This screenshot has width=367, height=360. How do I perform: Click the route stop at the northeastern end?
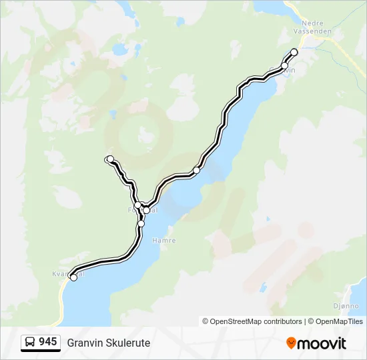coord(294,52)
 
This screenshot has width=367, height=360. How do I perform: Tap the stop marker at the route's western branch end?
coord(110,159)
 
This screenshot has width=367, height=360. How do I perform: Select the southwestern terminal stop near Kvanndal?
coord(73,277)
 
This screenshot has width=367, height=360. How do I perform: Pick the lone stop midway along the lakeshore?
coord(196,170)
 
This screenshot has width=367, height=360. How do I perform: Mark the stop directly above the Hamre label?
coord(141,223)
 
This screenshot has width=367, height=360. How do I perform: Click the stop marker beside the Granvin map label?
coord(284,66)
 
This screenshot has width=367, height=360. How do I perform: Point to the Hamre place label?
coord(163,240)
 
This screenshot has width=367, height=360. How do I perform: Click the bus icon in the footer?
coord(30,343)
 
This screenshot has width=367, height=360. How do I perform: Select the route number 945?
coord(48,342)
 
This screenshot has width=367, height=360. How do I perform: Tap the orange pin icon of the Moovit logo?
coord(291,343)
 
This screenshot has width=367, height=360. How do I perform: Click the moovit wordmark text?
coord(322,343)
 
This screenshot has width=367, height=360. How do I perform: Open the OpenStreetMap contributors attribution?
coord(253,321)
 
